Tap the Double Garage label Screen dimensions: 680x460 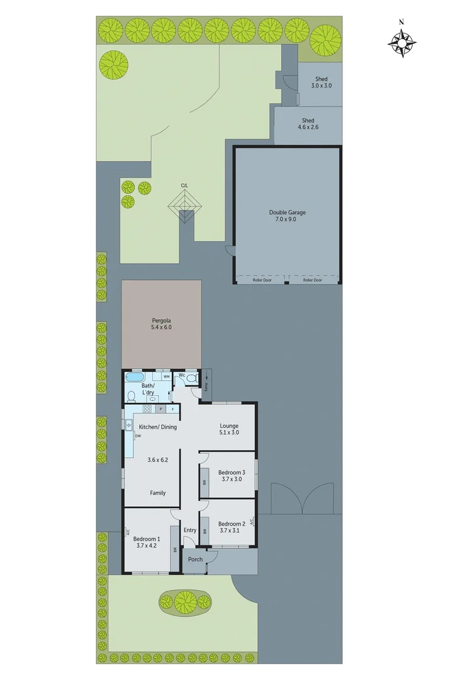[287, 213]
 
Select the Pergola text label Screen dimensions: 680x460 [161, 320]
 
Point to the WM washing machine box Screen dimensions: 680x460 [166, 377]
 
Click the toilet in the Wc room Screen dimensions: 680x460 [192, 378]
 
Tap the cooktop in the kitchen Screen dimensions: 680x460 [147, 409]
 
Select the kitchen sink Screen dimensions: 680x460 [128, 424]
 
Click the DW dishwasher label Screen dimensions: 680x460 [137, 435]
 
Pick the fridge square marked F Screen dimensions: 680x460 [172, 409]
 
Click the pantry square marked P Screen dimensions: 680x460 [161, 409]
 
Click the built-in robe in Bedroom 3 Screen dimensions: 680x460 [205, 483]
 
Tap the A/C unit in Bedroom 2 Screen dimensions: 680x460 [252, 522]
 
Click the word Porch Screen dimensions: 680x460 [195, 559]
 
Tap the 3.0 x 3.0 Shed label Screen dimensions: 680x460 [321, 86]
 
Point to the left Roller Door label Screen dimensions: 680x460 [261, 280]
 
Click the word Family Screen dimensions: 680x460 [157, 493]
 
